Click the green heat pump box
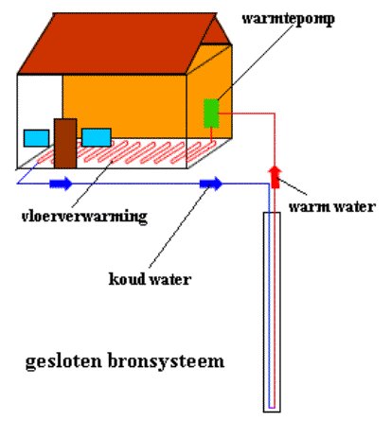pos(211,114)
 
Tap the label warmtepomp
pos(288,19)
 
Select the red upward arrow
pos(275,177)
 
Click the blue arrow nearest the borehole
pos(211,184)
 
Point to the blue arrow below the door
pos(61,184)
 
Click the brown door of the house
pos(65,144)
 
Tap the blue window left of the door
pos(36,138)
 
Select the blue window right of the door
pos(97,137)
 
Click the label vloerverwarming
pos(84,217)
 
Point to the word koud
pos(127,279)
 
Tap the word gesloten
pos(63,361)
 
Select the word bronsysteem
pos(167,361)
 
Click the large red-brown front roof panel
pos(117,44)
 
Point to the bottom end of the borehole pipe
pos(272,408)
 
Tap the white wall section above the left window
pos(40,101)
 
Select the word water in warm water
pos(355,207)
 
